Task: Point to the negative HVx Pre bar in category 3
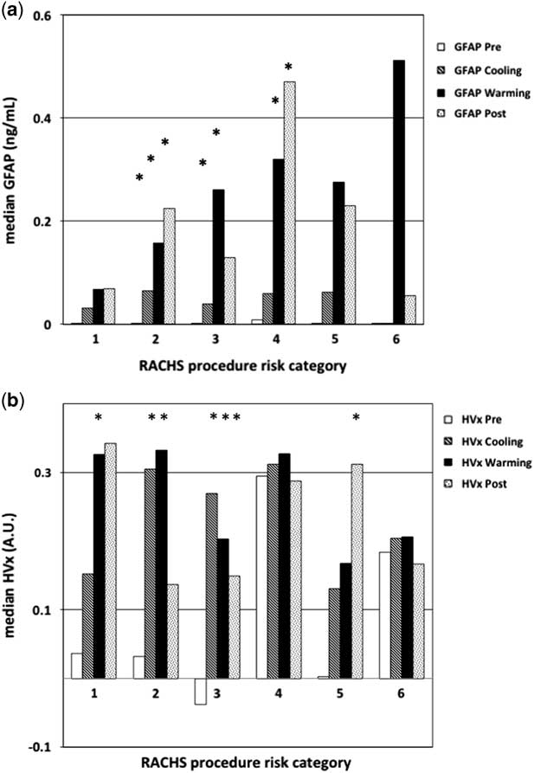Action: (200, 691)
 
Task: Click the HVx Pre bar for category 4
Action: (261, 577)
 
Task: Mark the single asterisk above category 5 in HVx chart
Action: (356, 418)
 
